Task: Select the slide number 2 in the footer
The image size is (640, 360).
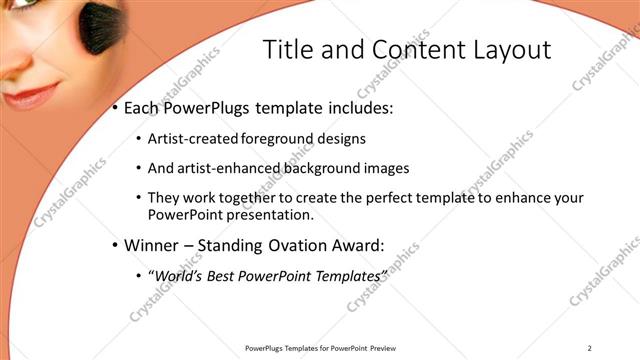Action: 589,347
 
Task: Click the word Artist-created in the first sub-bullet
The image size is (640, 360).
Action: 189,140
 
